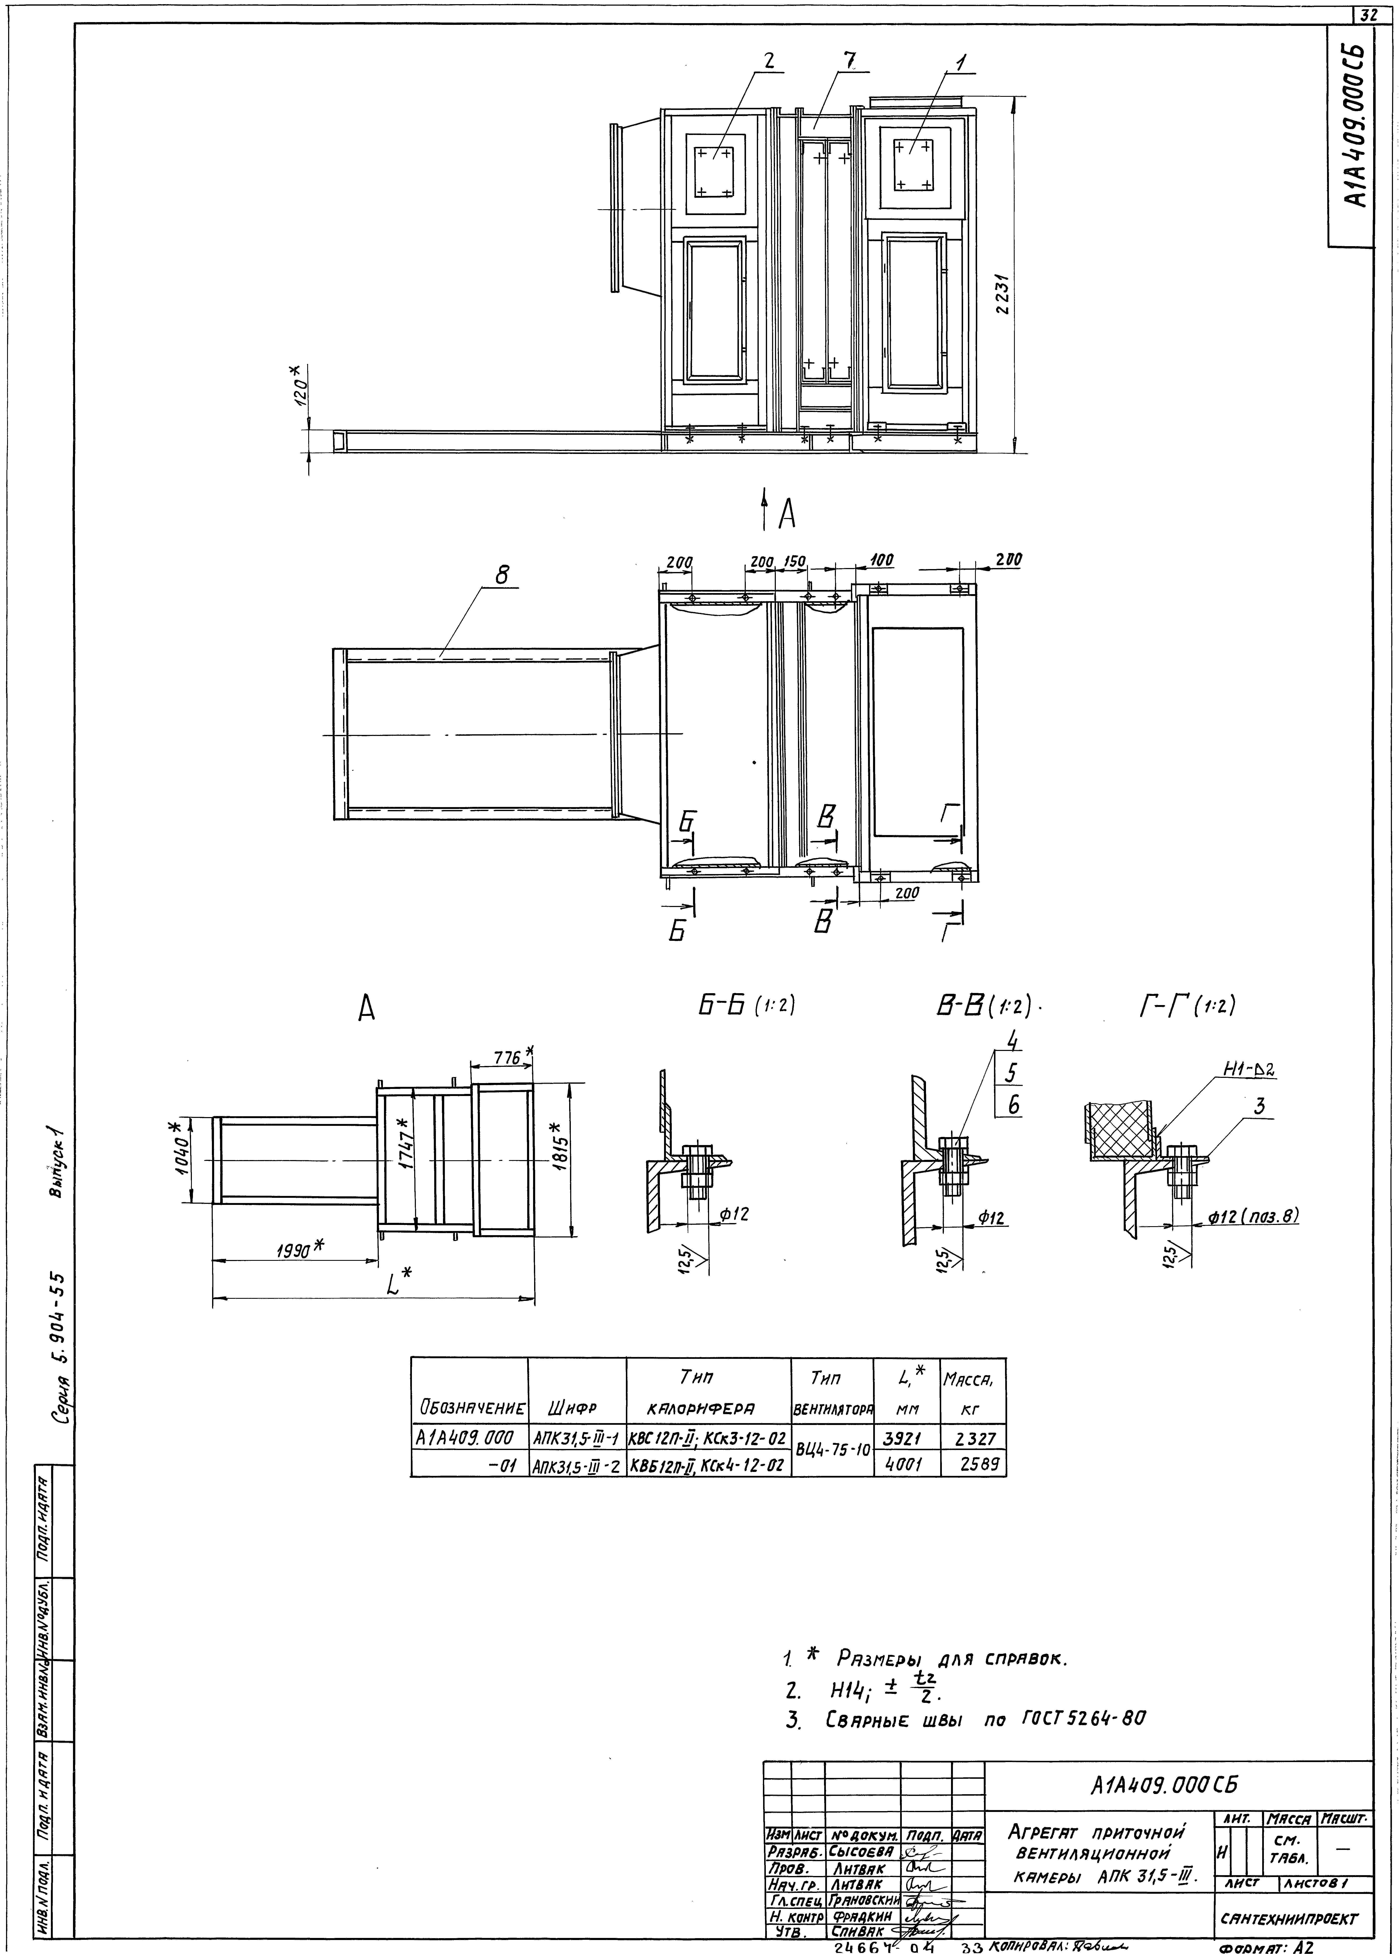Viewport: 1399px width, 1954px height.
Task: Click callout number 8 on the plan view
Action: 503,574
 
